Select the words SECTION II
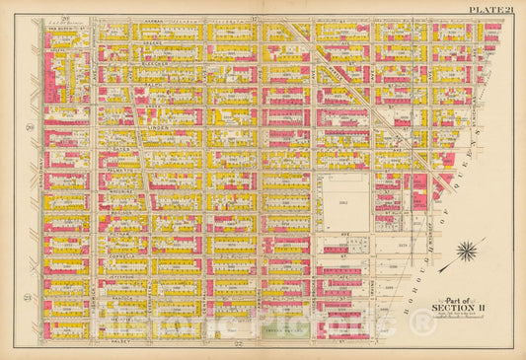point(464,307)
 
